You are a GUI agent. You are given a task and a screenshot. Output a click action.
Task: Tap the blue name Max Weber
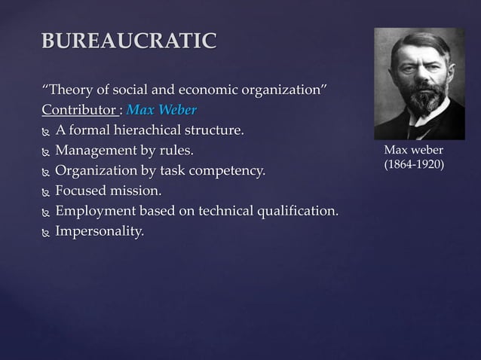point(161,111)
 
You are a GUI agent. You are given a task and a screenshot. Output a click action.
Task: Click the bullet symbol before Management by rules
point(45,152)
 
